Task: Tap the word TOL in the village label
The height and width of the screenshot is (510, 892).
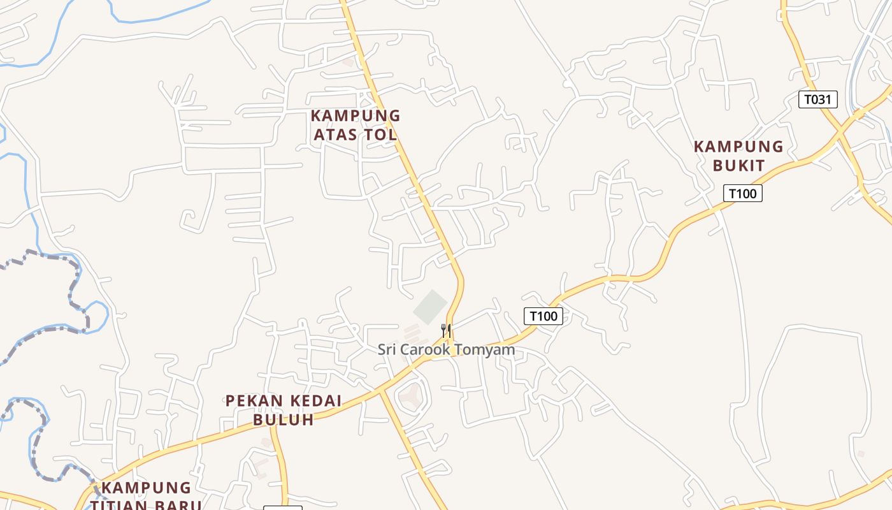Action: tap(381, 135)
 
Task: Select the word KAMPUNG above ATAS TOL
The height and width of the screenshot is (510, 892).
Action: tap(356, 116)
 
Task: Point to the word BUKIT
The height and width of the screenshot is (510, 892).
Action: tap(738, 165)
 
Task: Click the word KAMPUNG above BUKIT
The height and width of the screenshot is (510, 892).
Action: tap(738, 147)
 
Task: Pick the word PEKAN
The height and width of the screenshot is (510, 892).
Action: tap(251, 401)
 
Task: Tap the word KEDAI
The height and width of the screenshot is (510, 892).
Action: tap(312, 401)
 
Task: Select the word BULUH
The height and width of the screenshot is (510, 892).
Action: tap(284, 419)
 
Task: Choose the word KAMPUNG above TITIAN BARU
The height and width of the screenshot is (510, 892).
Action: tap(147, 488)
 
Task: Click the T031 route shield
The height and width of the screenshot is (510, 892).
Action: tap(817, 99)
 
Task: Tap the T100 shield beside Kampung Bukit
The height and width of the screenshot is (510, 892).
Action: tap(742, 193)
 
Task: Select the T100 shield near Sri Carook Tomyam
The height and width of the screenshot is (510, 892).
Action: tap(543, 316)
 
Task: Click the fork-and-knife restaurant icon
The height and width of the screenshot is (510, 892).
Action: tap(446, 330)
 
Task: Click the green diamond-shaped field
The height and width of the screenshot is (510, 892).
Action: tap(431, 307)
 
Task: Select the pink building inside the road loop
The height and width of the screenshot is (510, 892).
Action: tap(411, 396)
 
